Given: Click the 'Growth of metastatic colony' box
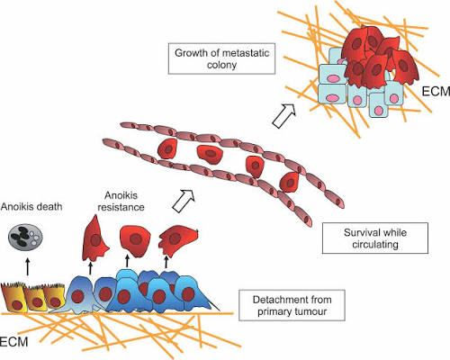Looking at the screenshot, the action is click(x=221, y=58).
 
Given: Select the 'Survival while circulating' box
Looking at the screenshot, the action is click(x=375, y=238).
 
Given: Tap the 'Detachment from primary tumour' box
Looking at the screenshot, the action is click(x=292, y=305).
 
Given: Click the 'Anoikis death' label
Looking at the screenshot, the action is click(x=31, y=206).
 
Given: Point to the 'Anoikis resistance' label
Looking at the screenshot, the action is click(x=121, y=202).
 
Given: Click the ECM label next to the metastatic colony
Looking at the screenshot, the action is click(x=436, y=91).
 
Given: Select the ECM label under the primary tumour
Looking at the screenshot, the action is click(x=13, y=342).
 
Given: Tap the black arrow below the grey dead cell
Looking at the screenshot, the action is click(x=28, y=266).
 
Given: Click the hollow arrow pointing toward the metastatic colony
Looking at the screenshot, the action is click(x=284, y=116).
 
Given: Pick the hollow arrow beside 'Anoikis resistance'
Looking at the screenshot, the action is click(x=184, y=201).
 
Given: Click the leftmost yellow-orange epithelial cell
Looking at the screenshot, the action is click(x=13, y=297).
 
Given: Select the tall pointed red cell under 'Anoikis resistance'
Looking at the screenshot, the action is click(x=95, y=238).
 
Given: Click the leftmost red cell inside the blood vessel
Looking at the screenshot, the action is click(x=167, y=148).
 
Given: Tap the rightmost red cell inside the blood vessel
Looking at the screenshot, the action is click(x=289, y=182).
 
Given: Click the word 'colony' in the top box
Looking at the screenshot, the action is click(x=221, y=65).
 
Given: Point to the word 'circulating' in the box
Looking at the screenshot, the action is click(x=375, y=245).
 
